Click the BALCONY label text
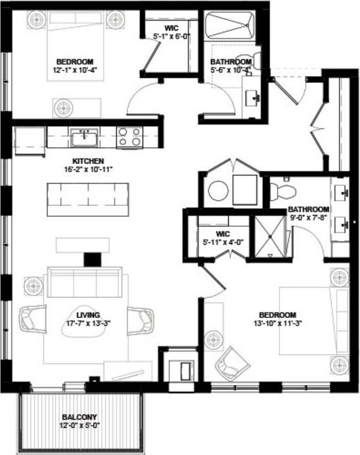point(79,416)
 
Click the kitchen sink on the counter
point(85,138)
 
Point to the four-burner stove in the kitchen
point(129,137)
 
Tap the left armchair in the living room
point(32,319)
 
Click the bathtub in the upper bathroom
point(232,28)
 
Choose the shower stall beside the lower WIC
point(268,237)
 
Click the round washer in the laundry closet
point(218,189)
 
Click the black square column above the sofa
point(88,259)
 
